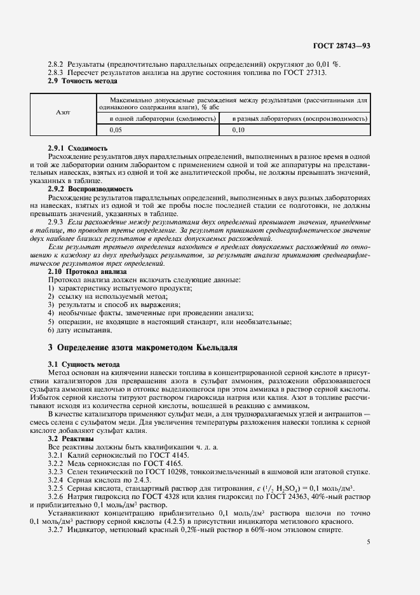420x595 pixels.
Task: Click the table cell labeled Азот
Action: click(64, 113)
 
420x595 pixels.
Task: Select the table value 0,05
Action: click(116, 130)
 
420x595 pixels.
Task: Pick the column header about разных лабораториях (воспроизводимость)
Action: click(299, 119)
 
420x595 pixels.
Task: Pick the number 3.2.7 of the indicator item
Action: click(58, 530)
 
